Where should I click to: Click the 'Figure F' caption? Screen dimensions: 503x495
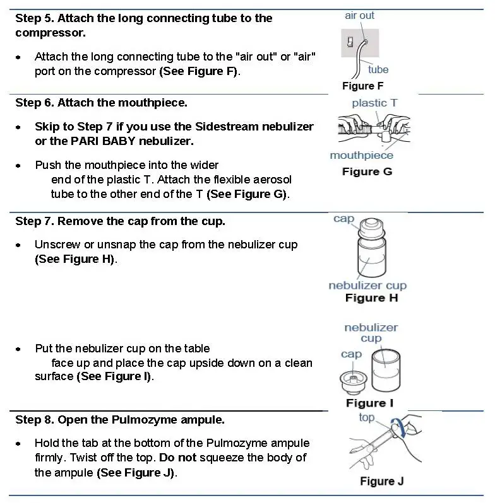(x=362, y=86)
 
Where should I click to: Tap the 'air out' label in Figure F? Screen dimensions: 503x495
(x=359, y=16)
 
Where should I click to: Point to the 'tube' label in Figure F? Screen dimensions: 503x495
(x=378, y=69)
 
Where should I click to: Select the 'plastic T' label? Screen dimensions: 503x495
(x=374, y=103)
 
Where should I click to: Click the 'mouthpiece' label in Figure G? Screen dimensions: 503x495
(x=361, y=155)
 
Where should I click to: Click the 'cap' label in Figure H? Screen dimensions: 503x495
(x=344, y=219)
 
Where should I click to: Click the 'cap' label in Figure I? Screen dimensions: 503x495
(x=351, y=354)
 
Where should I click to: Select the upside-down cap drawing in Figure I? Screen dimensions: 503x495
(x=352, y=381)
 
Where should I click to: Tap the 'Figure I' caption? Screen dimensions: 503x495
(x=369, y=403)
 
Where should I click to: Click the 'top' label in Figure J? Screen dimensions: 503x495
(x=366, y=417)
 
